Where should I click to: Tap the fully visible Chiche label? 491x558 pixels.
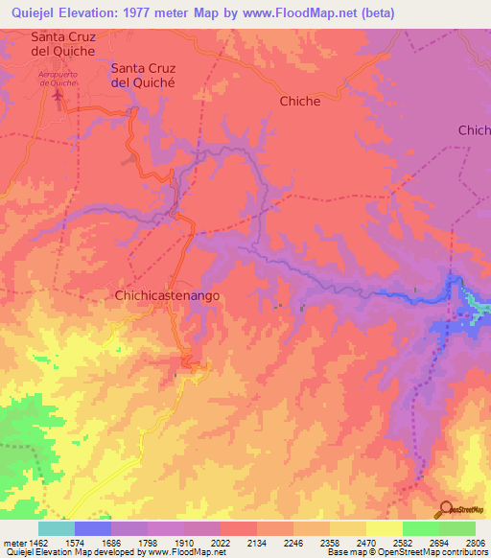[x=299, y=101]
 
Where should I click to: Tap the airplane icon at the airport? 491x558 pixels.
[x=59, y=95]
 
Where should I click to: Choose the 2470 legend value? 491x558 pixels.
[x=363, y=543]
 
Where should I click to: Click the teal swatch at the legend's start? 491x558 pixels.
[x=57, y=528]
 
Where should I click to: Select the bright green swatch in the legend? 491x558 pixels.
[x=421, y=528]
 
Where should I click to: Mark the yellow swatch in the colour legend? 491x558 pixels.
[x=385, y=528]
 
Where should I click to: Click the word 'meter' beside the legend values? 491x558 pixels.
[x=12, y=543]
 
